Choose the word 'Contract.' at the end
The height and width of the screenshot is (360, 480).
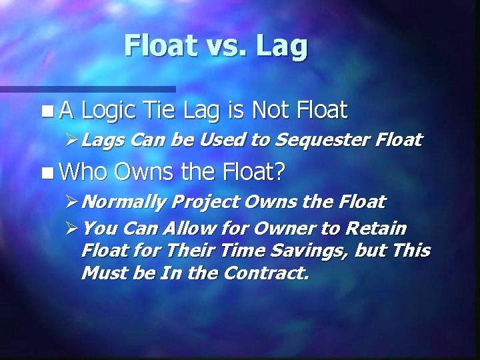click(271, 273)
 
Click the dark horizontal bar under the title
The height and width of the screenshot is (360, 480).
click(87, 89)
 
